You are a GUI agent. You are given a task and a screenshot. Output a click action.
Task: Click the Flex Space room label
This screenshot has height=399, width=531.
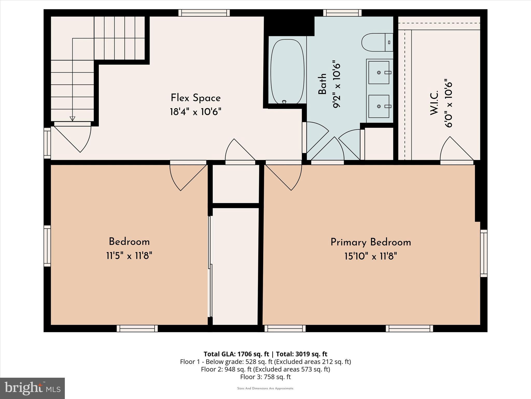pyautogui.click(x=195, y=98)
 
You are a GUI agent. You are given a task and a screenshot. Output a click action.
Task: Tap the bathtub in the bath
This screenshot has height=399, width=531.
pyautogui.click(x=287, y=72)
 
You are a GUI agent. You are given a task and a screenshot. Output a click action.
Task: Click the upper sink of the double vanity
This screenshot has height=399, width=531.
pyautogui.click(x=379, y=72)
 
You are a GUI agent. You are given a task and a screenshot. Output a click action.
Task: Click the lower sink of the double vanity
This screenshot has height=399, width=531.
pyautogui.click(x=379, y=106)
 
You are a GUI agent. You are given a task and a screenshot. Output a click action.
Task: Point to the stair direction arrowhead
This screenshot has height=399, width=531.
pyautogui.click(x=72, y=119)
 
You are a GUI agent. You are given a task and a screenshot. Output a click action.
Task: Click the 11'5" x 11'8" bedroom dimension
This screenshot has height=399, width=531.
pyautogui.click(x=129, y=256)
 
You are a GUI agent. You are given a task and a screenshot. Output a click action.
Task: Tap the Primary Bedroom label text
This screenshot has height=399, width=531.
pyautogui.click(x=371, y=242)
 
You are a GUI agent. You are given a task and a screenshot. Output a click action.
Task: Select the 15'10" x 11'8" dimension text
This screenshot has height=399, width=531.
pyautogui.click(x=371, y=257)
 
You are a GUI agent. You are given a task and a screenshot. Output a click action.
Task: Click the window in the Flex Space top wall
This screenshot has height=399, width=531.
pyautogui.click(x=204, y=13)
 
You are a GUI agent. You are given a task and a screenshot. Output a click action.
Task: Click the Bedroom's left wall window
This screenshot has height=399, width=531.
pyautogui.click(x=47, y=246)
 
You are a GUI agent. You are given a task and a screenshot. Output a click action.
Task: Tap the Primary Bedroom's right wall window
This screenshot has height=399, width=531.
pyautogui.click(x=484, y=253)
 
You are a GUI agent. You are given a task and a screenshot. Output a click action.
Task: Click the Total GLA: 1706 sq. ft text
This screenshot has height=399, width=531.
pyautogui.click(x=236, y=354)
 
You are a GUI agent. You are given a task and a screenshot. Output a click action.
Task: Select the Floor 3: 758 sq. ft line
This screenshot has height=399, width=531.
pyautogui.click(x=265, y=377)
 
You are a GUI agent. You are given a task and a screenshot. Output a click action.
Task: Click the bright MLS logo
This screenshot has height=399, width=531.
pyautogui.click(x=32, y=388)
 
